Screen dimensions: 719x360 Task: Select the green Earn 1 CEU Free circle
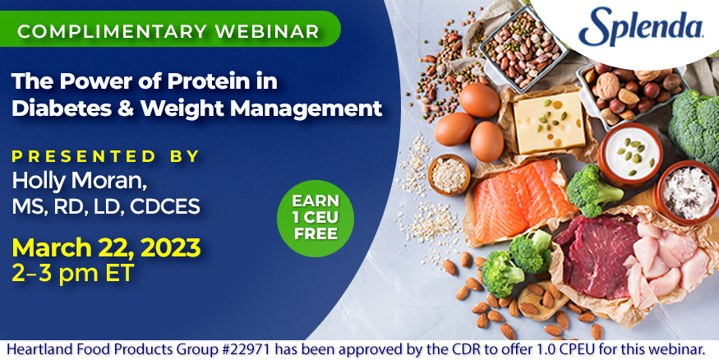point(315,218)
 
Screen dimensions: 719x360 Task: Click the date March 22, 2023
point(106,247)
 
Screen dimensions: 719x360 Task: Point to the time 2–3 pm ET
point(72,273)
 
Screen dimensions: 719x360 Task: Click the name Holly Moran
point(79,180)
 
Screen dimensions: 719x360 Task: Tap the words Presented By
point(105,156)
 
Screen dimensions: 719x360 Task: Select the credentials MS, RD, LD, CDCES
point(106,206)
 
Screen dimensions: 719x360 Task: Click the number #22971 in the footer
point(251,349)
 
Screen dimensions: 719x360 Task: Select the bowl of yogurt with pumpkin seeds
point(630,155)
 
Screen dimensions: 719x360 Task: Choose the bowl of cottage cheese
point(687,192)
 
